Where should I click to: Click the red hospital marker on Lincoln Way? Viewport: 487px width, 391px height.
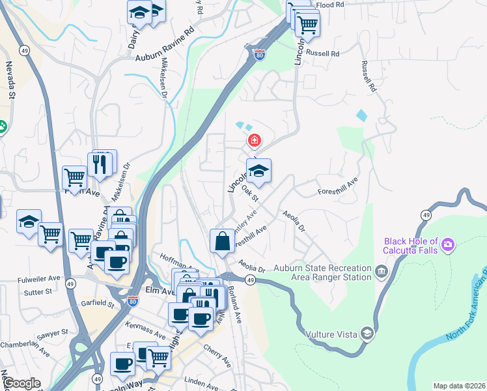[x=255, y=140]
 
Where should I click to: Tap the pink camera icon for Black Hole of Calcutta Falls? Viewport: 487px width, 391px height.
[x=448, y=244]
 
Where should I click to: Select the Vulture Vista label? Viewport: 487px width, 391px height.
[x=332, y=334]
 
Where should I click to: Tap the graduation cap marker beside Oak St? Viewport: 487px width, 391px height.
[x=259, y=171]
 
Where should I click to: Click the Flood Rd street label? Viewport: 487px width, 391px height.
[x=329, y=5]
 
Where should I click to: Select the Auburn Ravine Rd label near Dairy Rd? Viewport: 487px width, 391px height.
[x=165, y=45]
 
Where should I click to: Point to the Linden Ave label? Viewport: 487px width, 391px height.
[x=200, y=379]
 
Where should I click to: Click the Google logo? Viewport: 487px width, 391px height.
[x=21, y=383]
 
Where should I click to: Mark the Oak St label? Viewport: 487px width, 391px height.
[x=250, y=193]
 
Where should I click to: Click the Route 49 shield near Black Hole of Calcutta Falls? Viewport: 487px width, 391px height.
[x=425, y=214]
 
